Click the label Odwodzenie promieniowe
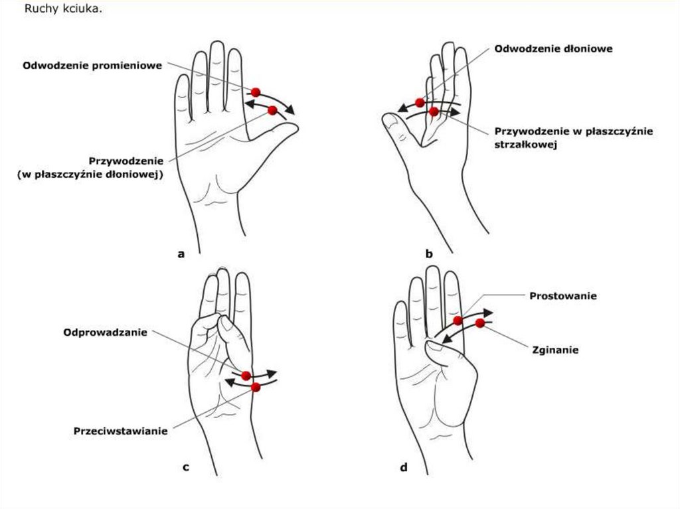coord(92,66)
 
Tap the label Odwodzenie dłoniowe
coord(553,48)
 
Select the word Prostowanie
coord(563,296)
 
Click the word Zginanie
coord(555,350)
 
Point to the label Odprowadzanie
coord(106,332)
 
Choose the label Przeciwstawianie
coord(121,431)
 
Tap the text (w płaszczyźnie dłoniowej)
coord(90,175)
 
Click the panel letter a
coord(181,254)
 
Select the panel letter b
coord(429,254)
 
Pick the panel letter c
coord(186,467)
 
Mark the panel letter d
coord(404,467)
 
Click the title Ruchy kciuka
coord(63,9)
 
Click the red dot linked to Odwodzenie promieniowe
coord(256,92)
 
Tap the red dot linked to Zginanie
coord(479,323)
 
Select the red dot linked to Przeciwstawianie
coord(256,387)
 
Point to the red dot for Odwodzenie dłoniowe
coord(420,103)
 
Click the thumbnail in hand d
coord(434,345)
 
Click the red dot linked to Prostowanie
coord(458,321)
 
